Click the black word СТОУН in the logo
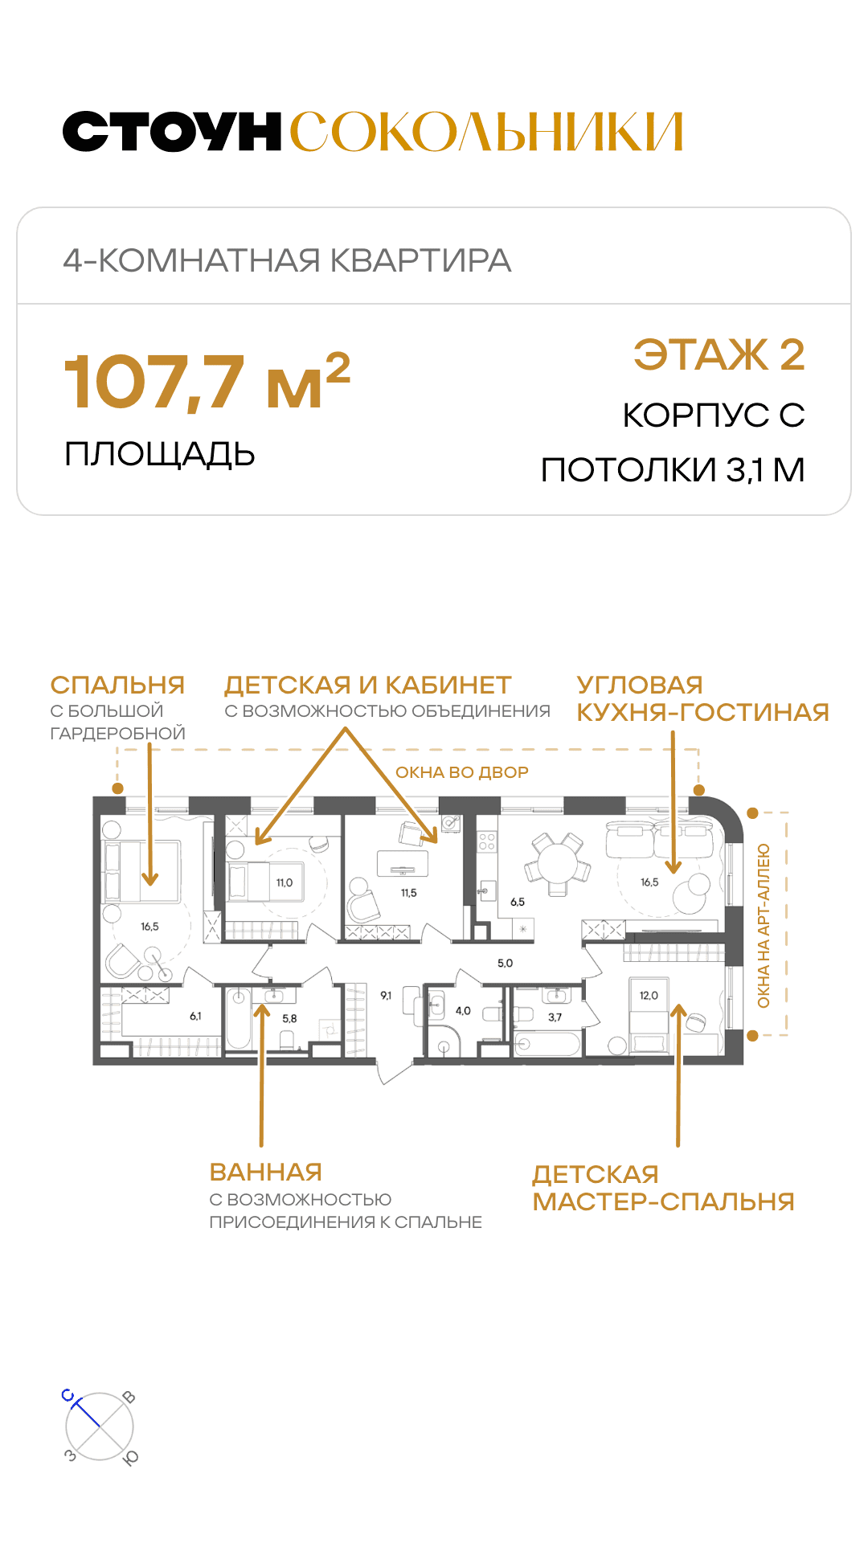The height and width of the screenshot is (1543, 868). coord(172,132)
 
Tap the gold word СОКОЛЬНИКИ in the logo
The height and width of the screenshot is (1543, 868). coord(486,132)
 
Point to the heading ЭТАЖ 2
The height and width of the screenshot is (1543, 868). coord(719,354)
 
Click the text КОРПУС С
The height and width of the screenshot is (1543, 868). coord(714,415)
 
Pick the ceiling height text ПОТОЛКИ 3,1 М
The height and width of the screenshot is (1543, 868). coord(673,469)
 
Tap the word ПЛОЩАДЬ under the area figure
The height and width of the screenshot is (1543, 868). coord(160,455)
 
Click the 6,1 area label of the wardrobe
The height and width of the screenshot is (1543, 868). coord(195,1016)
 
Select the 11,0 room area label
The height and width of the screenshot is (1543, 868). coord(285,882)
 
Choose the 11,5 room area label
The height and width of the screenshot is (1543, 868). coord(409,893)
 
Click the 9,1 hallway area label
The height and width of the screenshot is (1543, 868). coord(387,996)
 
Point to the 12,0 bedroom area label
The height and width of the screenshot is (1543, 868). coord(649,995)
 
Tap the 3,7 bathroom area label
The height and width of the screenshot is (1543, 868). coord(555,1017)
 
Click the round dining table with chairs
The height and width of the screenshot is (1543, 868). coord(558,865)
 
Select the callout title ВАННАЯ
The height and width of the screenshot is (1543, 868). coord(266,1172)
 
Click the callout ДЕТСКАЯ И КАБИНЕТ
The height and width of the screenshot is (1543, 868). coord(368,685)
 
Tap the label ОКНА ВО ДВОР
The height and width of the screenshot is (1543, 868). coord(462,772)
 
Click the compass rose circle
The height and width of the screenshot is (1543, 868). coord(100,1426)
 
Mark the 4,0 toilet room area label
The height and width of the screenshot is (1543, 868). coord(463,1011)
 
